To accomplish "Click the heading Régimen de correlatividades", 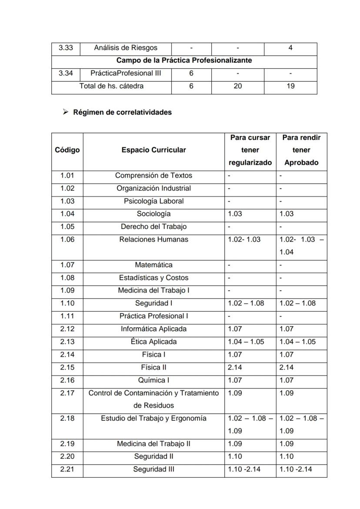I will [122, 112].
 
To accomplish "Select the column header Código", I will [67, 150].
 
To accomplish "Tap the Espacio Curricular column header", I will [153, 150].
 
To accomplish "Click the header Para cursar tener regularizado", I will [250, 150].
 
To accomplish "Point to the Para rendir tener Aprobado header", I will [301, 150].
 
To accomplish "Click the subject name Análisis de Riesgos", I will [126, 48].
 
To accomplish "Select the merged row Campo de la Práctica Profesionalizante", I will [184, 60].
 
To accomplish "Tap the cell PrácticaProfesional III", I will [126, 73].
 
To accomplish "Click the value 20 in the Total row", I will [237, 86].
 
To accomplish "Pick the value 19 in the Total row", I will [290, 86].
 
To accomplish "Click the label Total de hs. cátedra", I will [111, 86].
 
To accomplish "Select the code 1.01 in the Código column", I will [67, 176].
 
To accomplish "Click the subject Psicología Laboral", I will [153, 201].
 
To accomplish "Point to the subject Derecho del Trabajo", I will [153, 226].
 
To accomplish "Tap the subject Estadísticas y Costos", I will [153, 278].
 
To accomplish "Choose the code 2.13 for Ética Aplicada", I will [67, 342].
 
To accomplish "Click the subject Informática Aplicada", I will [153, 329].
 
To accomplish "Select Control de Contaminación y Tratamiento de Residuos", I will [153, 399].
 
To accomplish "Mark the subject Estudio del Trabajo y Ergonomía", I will [153, 419].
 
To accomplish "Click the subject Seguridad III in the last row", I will [153, 469].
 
